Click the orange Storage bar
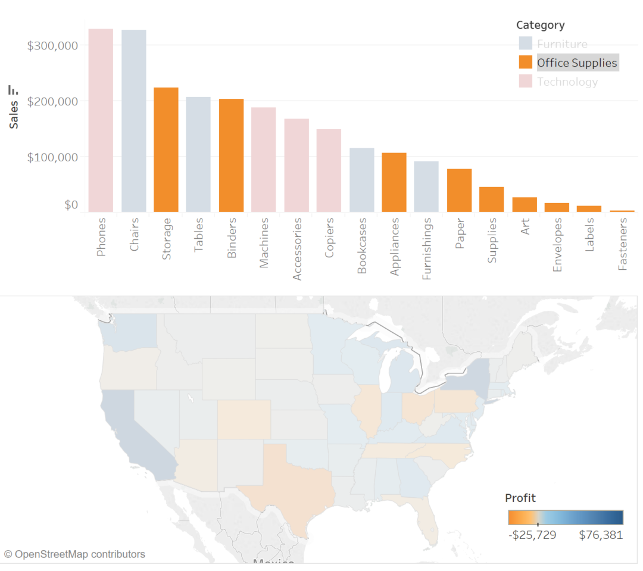pyautogui.click(x=166, y=149)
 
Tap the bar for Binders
pyautogui.click(x=231, y=155)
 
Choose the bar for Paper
pyautogui.click(x=459, y=190)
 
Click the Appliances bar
pyautogui.click(x=394, y=182)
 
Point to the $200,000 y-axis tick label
pyautogui.click(x=52, y=101)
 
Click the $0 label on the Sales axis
pyautogui.click(x=71, y=205)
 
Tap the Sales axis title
pyautogui.click(x=14, y=114)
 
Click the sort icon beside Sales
pyautogui.click(x=13, y=90)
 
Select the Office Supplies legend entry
pyautogui.click(x=577, y=63)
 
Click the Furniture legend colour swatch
pyautogui.click(x=525, y=43)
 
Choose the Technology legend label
pyautogui.click(x=567, y=82)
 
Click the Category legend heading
pyautogui.click(x=540, y=25)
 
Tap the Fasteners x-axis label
pyautogui.click(x=623, y=244)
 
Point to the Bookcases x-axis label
pyautogui.click(x=362, y=246)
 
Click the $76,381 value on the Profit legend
pyautogui.click(x=601, y=535)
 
